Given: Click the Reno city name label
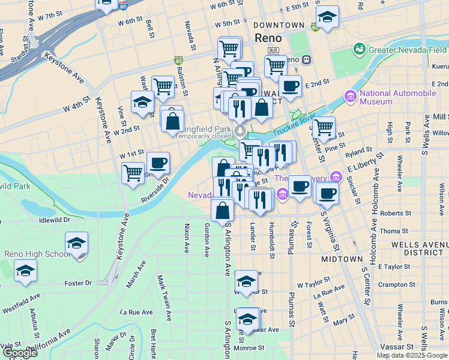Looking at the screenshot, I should coord(268,38).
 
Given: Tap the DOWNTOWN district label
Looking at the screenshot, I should coord(279,25).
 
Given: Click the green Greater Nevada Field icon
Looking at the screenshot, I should coord(360,49).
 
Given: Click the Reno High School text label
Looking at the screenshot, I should coord(37,254).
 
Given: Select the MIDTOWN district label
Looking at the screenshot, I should coord(342,259).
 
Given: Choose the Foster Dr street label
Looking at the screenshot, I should coord(77,283).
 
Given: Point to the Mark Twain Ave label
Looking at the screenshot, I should coord(163,292).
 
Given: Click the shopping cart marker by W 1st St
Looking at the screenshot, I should coord(133,173).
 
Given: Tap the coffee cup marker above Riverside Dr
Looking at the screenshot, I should coord(158,163).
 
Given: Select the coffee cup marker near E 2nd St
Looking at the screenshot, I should coord(290,86).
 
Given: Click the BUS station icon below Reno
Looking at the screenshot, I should coord(274,50).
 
